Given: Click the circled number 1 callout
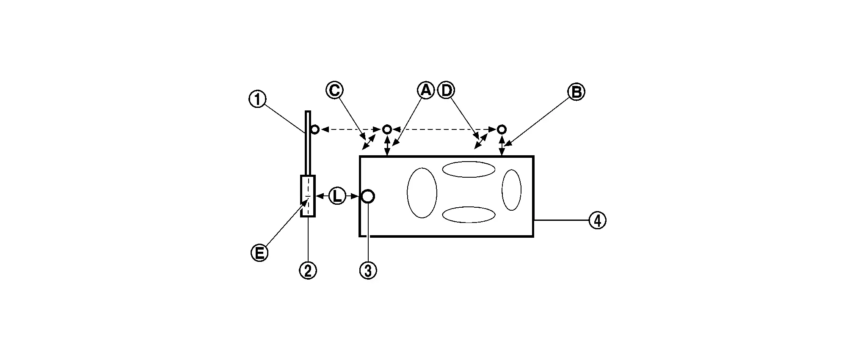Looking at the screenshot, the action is point(257,100).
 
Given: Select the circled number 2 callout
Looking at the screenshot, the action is point(308,270).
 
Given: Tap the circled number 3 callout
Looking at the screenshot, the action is point(368,270).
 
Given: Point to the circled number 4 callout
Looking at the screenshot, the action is point(597,220).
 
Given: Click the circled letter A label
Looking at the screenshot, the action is point(426,90).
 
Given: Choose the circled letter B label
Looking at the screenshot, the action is point(576,92).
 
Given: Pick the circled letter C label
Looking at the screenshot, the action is point(334,90).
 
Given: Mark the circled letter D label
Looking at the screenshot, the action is point(446,90).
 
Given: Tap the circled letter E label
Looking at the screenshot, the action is point(259,253).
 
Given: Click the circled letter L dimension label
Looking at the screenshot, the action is point(337,196).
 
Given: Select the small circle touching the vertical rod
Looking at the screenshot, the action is point(314,129).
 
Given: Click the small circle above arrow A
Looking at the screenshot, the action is point(387,129).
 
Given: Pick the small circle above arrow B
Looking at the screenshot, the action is point(502,129).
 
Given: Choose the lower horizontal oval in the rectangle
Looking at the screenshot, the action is point(469,207).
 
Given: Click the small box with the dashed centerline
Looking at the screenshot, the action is point(301,196).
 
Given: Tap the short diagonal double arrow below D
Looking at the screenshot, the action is point(480,142).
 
